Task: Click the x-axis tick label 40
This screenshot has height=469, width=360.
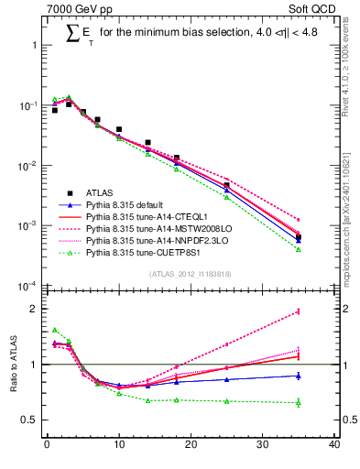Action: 334,446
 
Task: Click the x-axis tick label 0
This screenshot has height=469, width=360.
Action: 46,446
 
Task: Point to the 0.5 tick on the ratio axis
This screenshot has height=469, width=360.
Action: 27,420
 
